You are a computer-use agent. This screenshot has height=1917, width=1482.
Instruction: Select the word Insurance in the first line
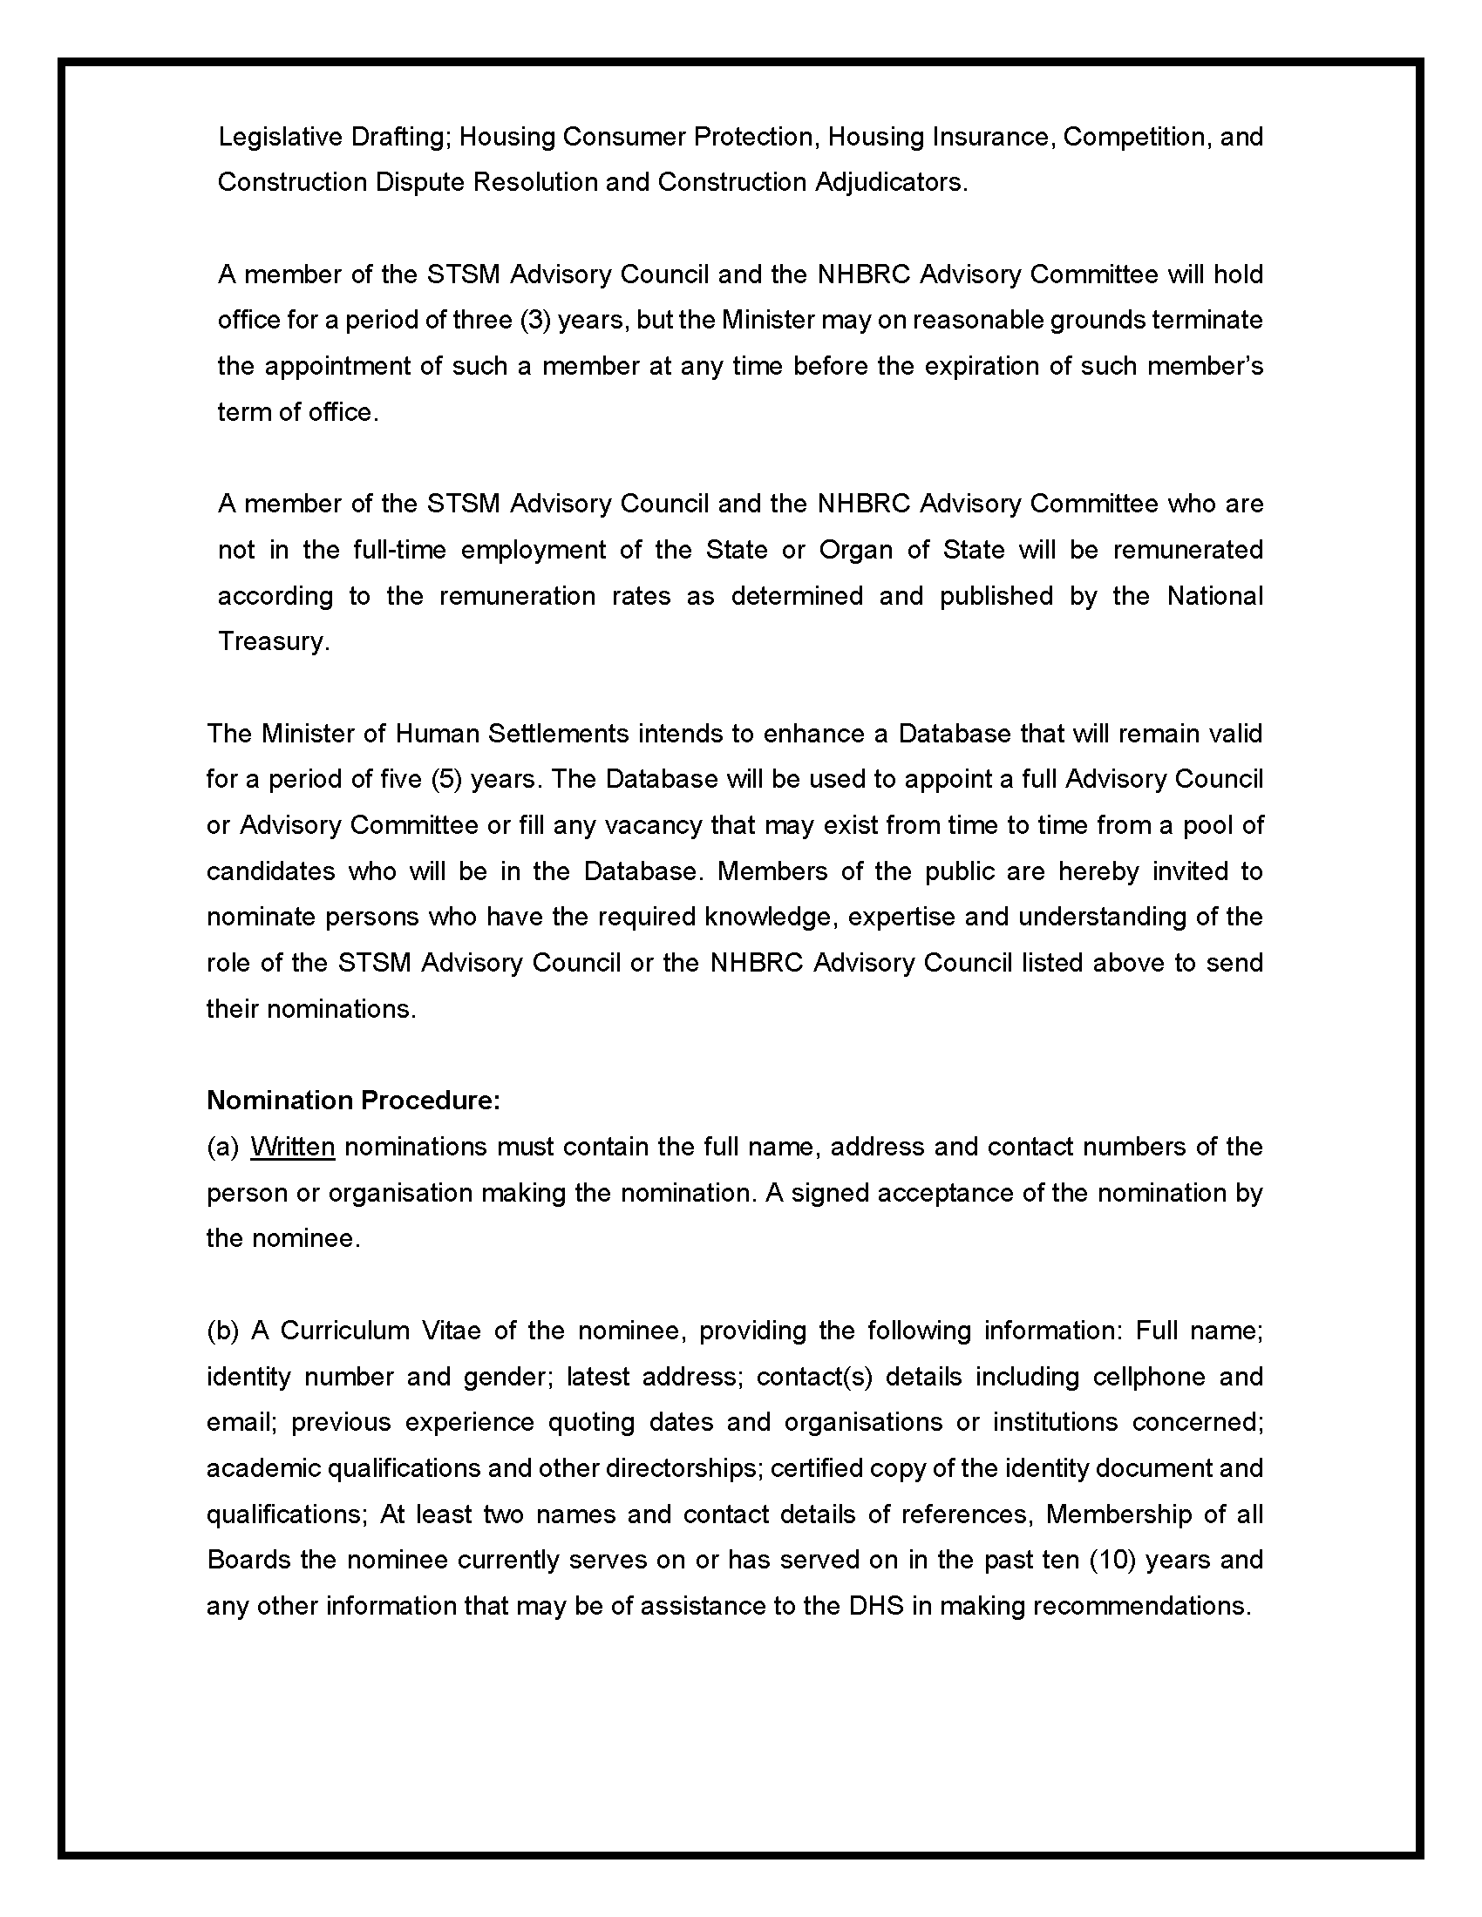[992, 137]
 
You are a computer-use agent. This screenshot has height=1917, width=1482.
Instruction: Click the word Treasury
[273, 641]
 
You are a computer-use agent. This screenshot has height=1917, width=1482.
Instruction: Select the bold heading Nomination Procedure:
[353, 1101]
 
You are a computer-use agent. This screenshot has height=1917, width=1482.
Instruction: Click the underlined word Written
[292, 1148]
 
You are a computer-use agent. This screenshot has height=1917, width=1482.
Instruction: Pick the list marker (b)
[223, 1331]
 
